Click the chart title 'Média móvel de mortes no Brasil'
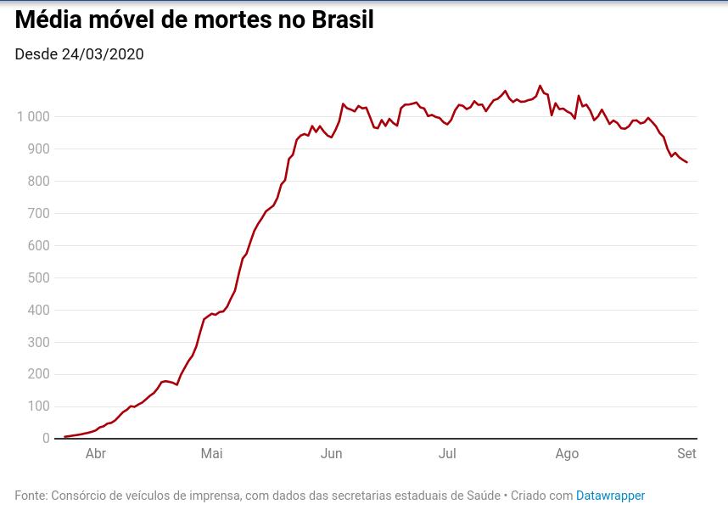pos(194,20)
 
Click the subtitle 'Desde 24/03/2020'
pos(79,54)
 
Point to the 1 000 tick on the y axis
pos(33,117)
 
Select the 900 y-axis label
pos(38,149)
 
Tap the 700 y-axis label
pos(38,214)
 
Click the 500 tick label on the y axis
pos(38,278)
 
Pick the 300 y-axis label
pos(38,343)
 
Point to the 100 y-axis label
pos(38,406)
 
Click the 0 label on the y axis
pos(46,439)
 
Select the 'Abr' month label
pos(96,454)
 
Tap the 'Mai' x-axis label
pos(211,454)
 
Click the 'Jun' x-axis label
pos(331,454)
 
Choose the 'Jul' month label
pos(447,454)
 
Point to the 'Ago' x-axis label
pos(567,454)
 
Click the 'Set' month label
pos(686,454)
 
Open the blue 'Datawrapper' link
pos(610,496)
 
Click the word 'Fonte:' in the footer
pos(31,496)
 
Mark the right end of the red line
pos(686,162)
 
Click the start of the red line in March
pos(65,437)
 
